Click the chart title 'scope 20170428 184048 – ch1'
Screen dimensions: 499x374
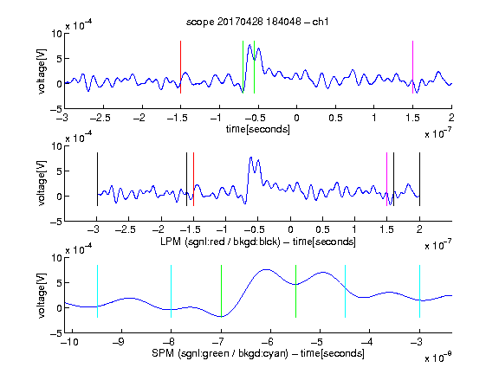(x=257, y=22)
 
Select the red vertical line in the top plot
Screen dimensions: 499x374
(x=180, y=68)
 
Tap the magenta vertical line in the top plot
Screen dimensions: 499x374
(x=412, y=68)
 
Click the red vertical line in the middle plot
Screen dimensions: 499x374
(x=193, y=179)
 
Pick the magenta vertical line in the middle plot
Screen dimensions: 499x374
(x=387, y=179)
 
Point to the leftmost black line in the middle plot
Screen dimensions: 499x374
(x=97, y=179)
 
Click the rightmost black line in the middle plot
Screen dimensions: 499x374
(x=419, y=179)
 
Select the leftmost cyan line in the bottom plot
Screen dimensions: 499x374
(x=97, y=291)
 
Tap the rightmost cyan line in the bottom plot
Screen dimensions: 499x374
(x=419, y=291)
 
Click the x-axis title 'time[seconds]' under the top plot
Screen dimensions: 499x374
(x=258, y=129)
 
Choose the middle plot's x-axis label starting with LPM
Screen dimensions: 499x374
(x=258, y=242)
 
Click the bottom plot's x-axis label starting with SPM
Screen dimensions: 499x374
(x=258, y=353)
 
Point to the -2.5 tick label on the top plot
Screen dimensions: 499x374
(x=100, y=118)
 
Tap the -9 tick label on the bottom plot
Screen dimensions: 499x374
(x=119, y=342)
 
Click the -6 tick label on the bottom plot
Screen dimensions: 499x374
(x=268, y=342)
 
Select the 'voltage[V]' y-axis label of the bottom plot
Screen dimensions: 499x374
(x=42, y=295)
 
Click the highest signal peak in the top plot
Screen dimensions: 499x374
(x=249, y=45)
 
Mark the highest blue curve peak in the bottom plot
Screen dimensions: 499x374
(x=266, y=270)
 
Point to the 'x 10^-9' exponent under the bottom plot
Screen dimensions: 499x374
(x=437, y=358)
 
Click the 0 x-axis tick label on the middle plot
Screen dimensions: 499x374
(x=290, y=229)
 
